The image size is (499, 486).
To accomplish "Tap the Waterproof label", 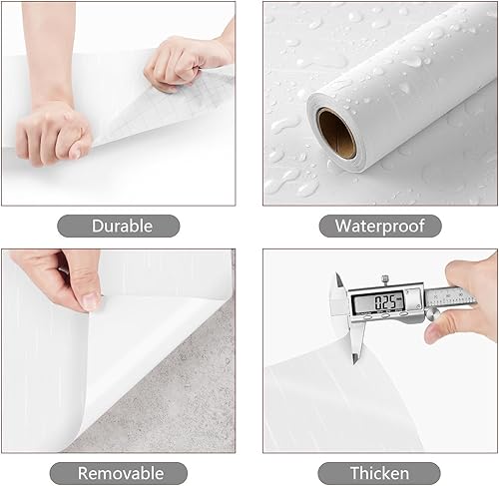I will (x=379, y=226).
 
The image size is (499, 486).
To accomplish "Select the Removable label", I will (x=121, y=473).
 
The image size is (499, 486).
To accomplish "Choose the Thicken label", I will (x=379, y=473).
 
